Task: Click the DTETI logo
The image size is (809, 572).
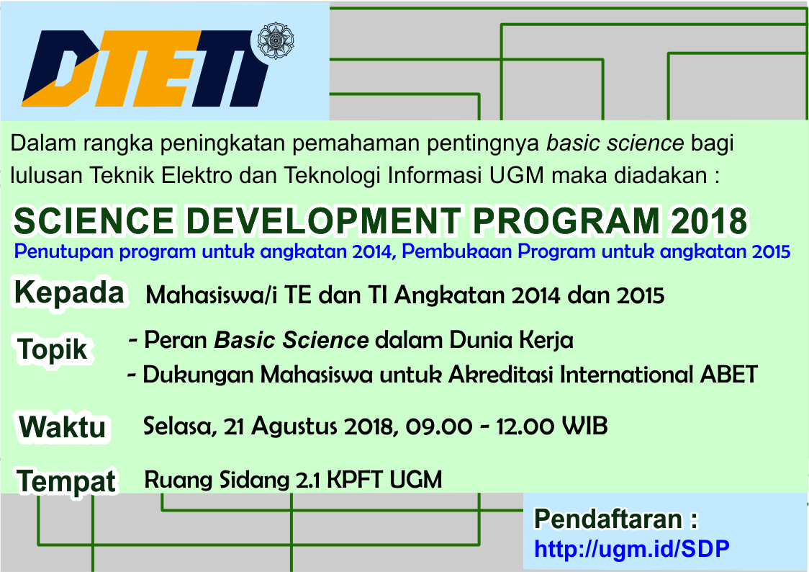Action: pyautogui.click(x=145, y=68)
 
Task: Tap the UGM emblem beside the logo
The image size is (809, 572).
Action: pyautogui.click(x=275, y=40)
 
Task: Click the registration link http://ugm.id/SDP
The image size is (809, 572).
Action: pyautogui.click(x=631, y=549)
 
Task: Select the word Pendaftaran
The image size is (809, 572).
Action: pyautogui.click(x=608, y=519)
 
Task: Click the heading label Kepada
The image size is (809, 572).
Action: pyautogui.click(x=69, y=292)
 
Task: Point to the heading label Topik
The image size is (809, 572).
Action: pyautogui.click(x=52, y=349)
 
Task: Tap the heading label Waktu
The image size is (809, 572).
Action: pyautogui.click(x=62, y=427)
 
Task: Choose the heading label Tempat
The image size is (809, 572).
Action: pyautogui.click(x=66, y=482)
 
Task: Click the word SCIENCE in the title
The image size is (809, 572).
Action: pyautogui.click(x=94, y=221)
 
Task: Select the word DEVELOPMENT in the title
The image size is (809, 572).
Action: pyautogui.click(x=323, y=221)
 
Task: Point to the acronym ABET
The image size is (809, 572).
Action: pyautogui.click(x=728, y=375)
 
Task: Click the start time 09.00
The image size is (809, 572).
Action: pyautogui.click(x=438, y=427)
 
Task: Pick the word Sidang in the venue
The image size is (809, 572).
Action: pyautogui.click(x=254, y=480)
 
